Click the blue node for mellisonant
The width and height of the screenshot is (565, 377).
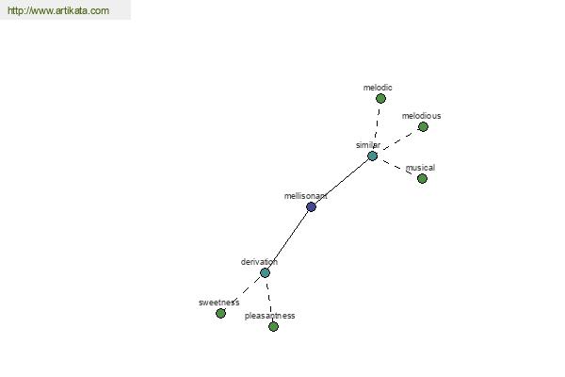tap(311, 206)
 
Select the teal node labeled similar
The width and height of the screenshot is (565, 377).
tap(372, 156)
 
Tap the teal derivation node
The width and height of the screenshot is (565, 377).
tap(265, 272)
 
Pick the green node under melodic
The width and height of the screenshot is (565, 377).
tap(380, 98)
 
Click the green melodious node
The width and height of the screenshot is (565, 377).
tap(423, 126)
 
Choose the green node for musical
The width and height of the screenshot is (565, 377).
tap(422, 178)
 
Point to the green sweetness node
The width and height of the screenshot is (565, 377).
tap(221, 313)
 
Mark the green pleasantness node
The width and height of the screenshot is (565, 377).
tap(273, 326)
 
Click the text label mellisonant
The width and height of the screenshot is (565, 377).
tap(305, 196)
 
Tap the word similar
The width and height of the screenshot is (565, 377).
tap(368, 145)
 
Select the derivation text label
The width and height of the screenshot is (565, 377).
tap(259, 262)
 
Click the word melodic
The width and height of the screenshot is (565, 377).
tap(378, 88)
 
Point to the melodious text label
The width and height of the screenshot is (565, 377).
tap(421, 116)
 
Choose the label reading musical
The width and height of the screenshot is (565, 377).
tap(420, 168)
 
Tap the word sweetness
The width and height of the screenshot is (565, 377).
tap(218, 303)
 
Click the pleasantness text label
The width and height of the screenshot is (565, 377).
tap(269, 316)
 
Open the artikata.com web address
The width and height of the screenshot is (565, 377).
tap(58, 10)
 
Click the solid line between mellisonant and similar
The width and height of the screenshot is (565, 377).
tap(342, 182)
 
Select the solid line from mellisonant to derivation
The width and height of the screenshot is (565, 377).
tap(288, 240)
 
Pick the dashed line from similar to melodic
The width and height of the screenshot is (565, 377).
tap(377, 124)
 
